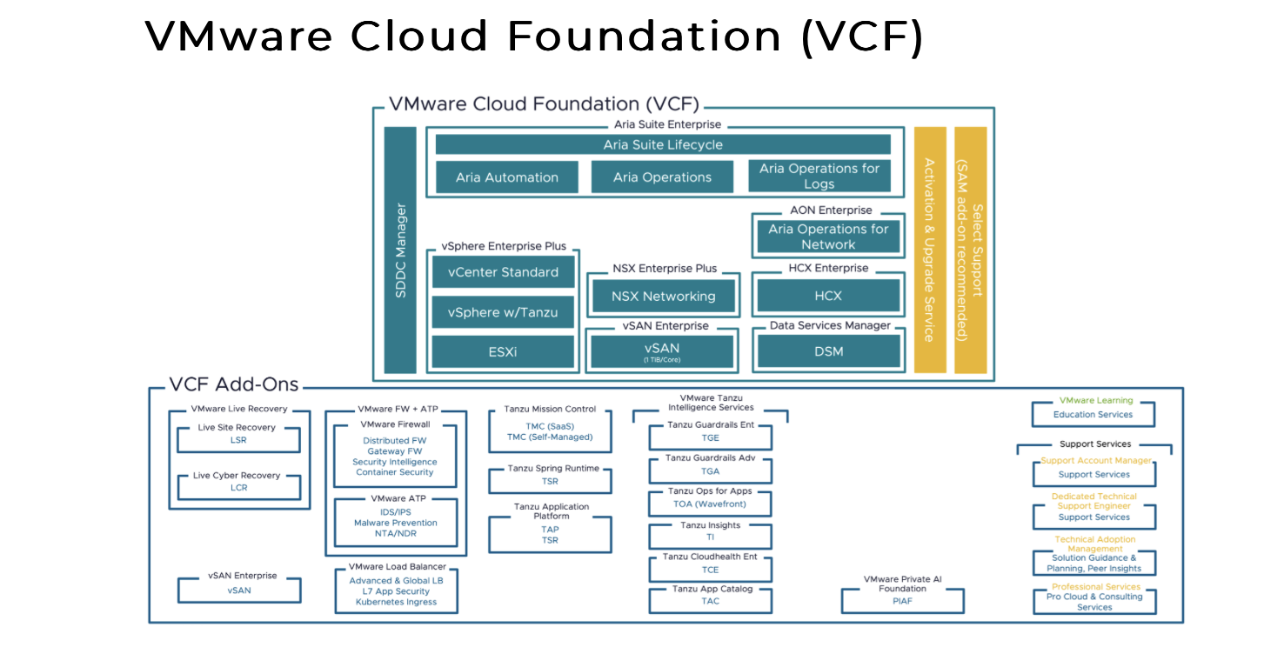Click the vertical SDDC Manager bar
point(400,250)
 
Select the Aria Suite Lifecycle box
point(663,144)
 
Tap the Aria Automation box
point(506,177)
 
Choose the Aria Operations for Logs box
point(819,176)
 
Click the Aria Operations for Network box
point(828,237)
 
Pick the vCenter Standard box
point(503,272)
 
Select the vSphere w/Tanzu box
point(503,312)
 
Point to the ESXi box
point(503,351)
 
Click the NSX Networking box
point(663,297)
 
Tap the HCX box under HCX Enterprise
point(828,296)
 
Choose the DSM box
point(828,351)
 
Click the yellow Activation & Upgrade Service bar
point(929,250)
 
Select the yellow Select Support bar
point(970,250)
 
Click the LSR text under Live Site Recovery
point(238,440)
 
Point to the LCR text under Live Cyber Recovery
point(238,488)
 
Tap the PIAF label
point(902,601)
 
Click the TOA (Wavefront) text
point(710,504)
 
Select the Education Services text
point(1093,415)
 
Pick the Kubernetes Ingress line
point(396,602)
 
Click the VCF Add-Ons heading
point(234,384)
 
